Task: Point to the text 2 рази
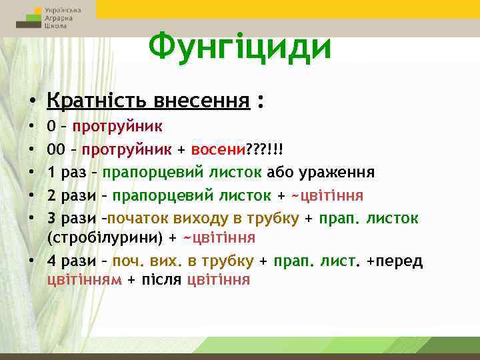[x=69, y=195]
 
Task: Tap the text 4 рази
[x=69, y=261]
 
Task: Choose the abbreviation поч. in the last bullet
[x=127, y=261]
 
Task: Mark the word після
[x=159, y=279]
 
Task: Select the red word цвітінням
[x=85, y=279]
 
